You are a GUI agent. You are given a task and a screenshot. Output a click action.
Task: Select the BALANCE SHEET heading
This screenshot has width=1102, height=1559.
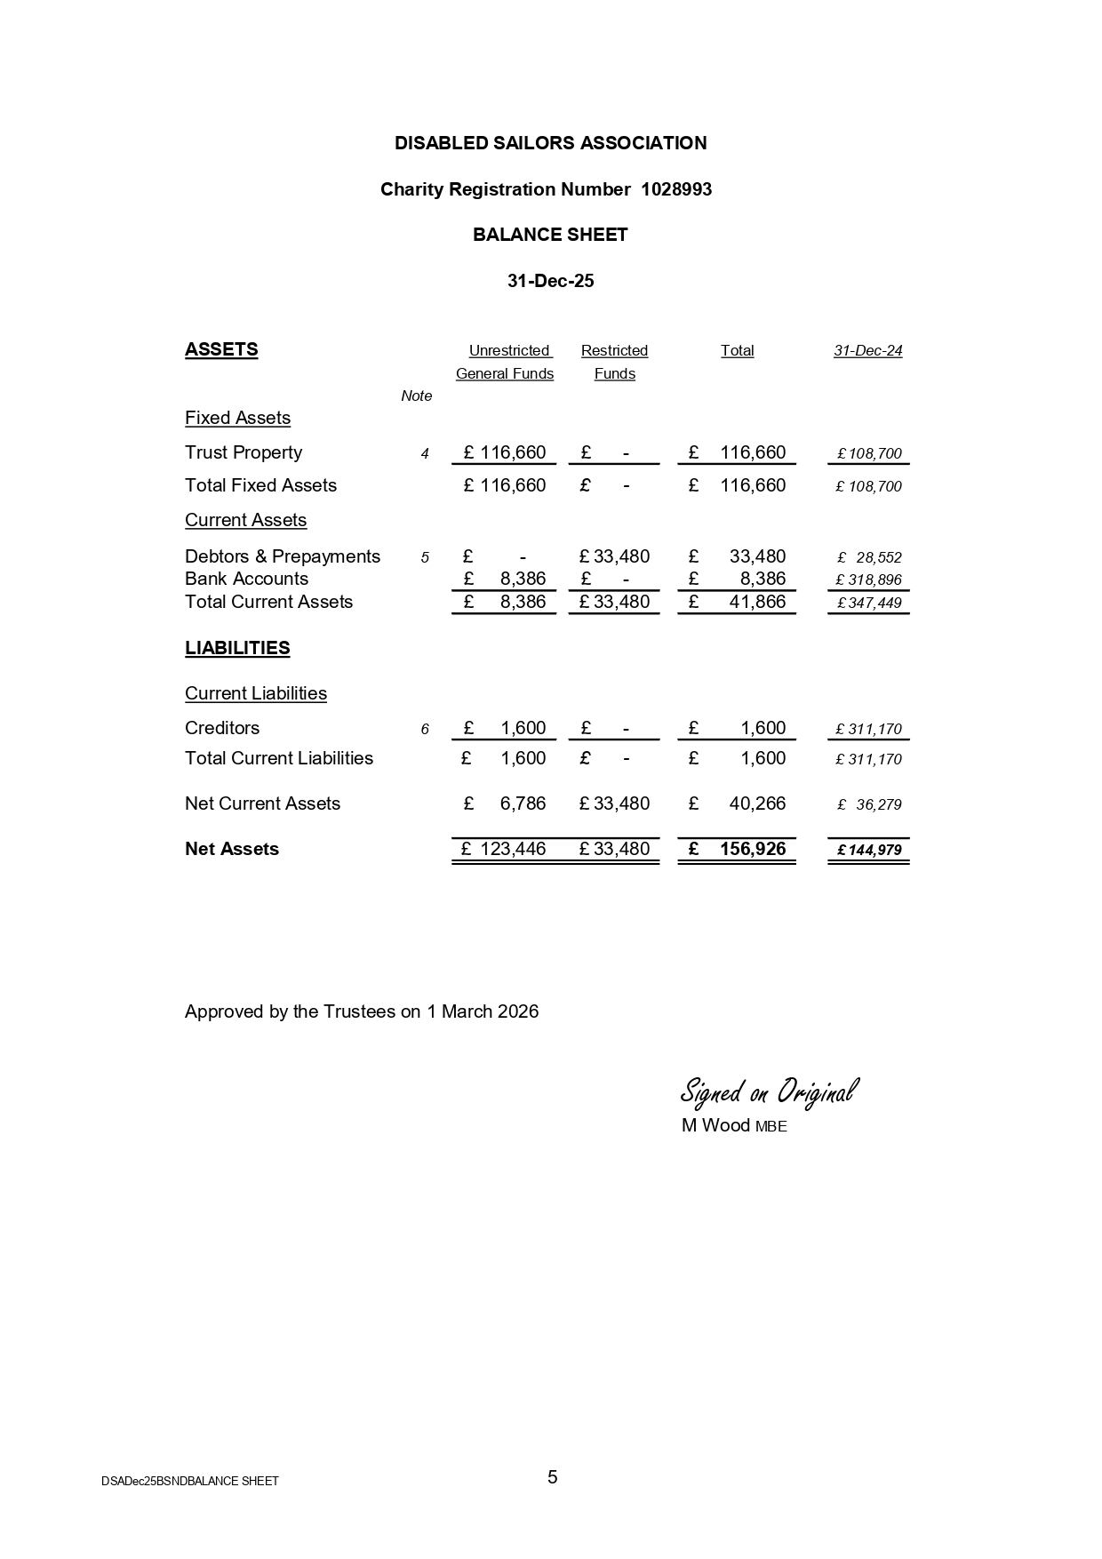[550, 235]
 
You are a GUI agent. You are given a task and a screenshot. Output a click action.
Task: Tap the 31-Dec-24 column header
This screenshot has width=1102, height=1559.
[867, 351]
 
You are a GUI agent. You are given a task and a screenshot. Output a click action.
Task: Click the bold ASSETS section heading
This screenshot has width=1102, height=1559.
[221, 349]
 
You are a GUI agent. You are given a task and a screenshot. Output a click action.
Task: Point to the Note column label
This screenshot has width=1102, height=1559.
[416, 396]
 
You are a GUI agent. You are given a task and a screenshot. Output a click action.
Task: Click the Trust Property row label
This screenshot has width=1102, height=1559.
[244, 452]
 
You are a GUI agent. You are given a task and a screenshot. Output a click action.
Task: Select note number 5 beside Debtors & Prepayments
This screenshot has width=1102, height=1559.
[425, 557]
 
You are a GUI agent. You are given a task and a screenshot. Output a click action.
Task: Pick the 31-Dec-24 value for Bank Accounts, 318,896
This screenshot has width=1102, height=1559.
[874, 580]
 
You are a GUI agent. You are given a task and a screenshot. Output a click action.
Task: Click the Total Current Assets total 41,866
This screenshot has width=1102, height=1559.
[757, 602]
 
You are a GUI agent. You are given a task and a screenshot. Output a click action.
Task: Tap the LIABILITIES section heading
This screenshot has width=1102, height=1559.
[237, 648]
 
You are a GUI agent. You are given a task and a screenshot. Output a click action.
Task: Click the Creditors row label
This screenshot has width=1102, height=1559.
[222, 728]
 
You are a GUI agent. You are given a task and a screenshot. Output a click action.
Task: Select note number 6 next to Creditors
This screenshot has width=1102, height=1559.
[425, 730]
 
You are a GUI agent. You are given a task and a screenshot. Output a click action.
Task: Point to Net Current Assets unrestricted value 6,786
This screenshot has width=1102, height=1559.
[523, 803]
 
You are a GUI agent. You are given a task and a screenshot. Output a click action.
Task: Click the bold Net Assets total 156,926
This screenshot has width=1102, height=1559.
[753, 849]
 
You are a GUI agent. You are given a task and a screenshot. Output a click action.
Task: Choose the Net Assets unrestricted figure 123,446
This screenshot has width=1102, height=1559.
[513, 849]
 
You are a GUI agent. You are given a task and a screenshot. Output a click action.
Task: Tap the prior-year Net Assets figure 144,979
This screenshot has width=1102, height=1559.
[874, 850]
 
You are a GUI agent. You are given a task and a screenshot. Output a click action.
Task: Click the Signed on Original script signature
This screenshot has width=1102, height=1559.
[769, 1091]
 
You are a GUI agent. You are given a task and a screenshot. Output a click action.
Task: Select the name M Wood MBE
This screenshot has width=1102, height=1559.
[734, 1126]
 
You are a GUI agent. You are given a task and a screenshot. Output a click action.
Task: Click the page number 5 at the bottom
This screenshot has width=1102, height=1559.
[553, 1477]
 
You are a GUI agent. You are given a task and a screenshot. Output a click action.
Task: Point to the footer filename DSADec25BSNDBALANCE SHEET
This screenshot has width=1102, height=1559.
[190, 1481]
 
